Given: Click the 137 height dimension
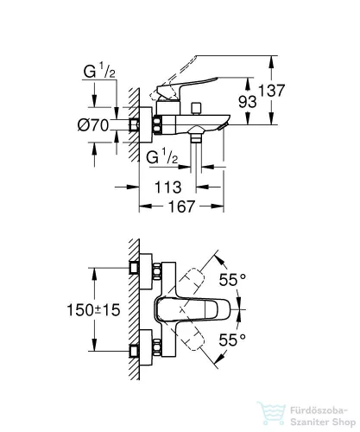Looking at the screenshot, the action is pos(272,91).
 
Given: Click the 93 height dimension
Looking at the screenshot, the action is pos(248,101).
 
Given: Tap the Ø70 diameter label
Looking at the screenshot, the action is pos(93,125).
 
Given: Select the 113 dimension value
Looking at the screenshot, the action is pos(168,187).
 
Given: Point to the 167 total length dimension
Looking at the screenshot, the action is pos(181,206).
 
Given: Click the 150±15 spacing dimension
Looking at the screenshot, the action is pos(93,310).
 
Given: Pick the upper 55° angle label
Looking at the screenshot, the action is pos(232,280).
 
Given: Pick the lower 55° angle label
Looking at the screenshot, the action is pos(232,340).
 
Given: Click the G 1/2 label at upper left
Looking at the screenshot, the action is pos(99,71).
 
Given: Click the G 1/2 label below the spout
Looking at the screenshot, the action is pos(162,157).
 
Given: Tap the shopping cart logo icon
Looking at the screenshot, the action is pos(271,414).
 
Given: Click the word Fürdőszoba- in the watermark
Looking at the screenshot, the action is pos(319,410).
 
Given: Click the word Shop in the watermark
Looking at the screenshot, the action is pos(344,422).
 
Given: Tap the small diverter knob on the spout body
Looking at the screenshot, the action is pos(197,108).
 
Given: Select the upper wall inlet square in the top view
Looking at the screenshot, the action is pos(134,268).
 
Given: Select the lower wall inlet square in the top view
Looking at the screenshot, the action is pos(134,351).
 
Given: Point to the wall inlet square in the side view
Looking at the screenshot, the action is pos(134,124).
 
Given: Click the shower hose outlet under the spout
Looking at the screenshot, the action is pos(196,136).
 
